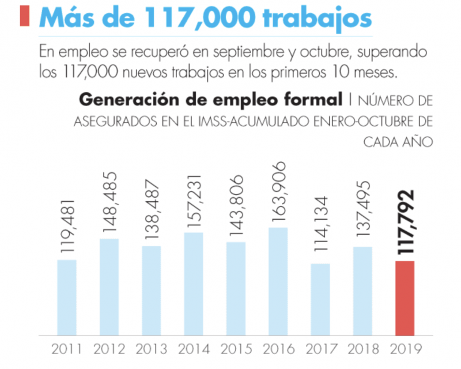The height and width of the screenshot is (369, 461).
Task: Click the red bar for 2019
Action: tap(413, 298)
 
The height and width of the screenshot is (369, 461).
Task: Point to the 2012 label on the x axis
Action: tap(108, 349)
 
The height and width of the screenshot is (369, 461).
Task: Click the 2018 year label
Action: tap(362, 349)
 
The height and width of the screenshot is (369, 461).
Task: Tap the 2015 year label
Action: tap(235, 349)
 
